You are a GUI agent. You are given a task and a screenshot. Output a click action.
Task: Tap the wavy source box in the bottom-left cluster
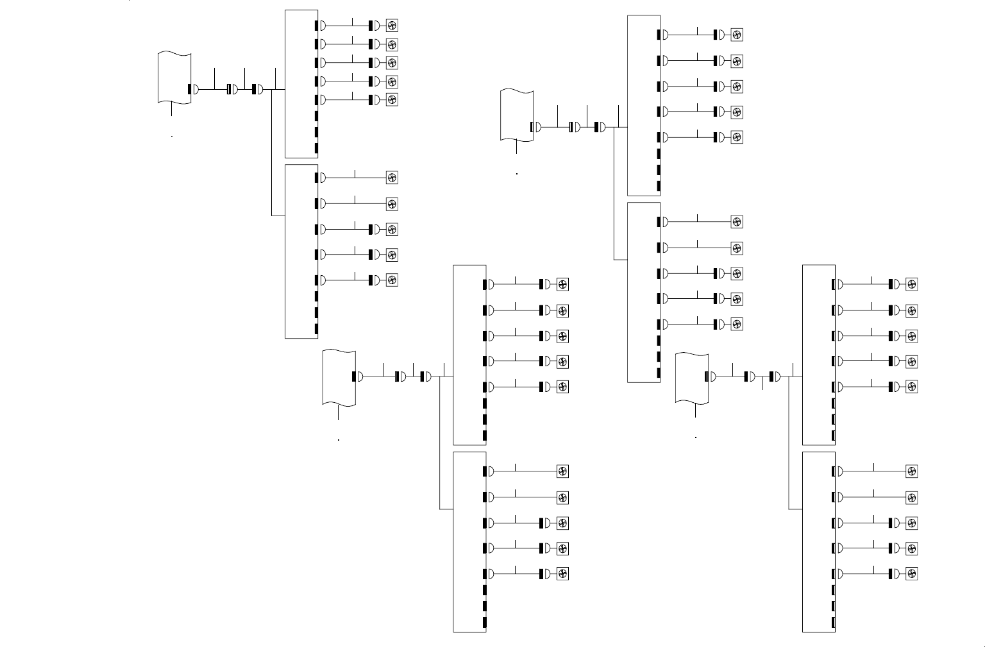(x=339, y=378)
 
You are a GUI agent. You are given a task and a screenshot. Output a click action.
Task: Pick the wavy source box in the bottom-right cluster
(x=692, y=378)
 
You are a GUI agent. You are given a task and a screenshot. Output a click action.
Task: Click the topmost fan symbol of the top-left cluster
(x=392, y=26)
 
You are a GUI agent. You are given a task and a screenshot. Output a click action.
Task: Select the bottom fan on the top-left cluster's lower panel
(x=392, y=280)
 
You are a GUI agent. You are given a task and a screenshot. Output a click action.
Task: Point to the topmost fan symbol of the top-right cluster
(x=737, y=35)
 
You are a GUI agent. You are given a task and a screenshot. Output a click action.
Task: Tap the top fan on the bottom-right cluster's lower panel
(x=911, y=471)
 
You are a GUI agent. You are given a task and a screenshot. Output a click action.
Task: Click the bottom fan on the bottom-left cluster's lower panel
(x=562, y=573)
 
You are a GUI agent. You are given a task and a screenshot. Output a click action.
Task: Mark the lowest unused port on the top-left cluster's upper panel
(x=316, y=149)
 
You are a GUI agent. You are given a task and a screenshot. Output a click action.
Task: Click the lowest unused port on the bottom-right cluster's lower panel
(x=834, y=622)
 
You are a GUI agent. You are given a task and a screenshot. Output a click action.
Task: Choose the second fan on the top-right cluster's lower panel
(x=737, y=248)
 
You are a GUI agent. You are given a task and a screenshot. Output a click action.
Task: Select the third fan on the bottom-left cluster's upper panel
(x=562, y=336)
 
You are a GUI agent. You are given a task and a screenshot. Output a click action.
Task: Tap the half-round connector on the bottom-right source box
(x=712, y=377)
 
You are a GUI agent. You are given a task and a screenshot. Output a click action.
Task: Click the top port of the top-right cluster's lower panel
(x=659, y=222)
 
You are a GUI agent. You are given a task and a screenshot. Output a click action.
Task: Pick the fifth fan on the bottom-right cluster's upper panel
(x=911, y=387)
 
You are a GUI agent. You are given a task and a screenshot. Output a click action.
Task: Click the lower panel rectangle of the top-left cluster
(x=301, y=251)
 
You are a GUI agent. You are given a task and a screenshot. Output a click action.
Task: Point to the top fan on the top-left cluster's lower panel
(x=392, y=178)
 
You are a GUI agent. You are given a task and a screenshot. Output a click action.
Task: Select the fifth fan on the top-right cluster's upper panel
(x=737, y=137)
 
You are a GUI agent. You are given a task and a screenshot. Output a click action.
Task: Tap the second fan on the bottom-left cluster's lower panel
(x=562, y=498)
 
